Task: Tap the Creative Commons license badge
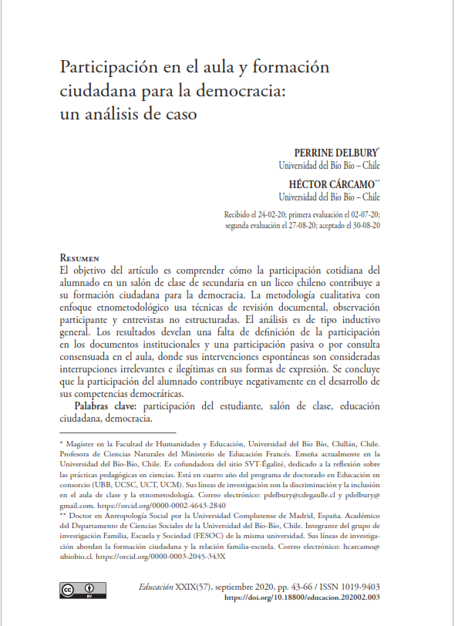[75, 591]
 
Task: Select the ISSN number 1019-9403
[358, 587]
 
